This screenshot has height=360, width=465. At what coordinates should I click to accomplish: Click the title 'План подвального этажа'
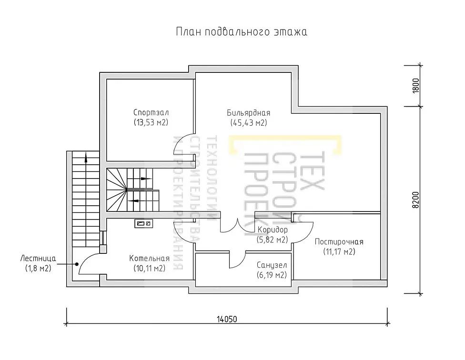242,32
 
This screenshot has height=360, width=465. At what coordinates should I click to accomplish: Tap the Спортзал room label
151,112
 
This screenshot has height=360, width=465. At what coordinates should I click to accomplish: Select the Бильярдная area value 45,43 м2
249,123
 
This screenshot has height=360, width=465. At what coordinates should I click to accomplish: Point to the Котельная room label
150,259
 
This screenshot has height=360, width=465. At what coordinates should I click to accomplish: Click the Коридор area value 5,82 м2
272,240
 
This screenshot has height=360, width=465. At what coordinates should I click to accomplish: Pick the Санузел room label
272,265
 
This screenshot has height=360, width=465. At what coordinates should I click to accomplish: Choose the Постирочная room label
339,242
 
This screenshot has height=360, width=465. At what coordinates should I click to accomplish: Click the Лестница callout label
38,259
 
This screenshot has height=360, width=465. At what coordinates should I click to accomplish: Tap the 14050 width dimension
227,319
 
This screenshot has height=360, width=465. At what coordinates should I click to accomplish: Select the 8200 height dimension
416,200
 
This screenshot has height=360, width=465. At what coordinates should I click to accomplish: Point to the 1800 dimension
416,86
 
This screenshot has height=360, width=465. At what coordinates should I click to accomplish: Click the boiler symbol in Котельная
144,223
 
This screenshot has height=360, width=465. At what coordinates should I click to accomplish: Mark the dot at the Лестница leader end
77,264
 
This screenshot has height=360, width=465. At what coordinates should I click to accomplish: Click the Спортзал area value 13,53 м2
151,122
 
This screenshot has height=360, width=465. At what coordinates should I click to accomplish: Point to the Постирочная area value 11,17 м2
339,251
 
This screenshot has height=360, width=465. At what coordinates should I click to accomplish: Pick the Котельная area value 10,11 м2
150,269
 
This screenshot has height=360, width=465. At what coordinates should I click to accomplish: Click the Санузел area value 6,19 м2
272,275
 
